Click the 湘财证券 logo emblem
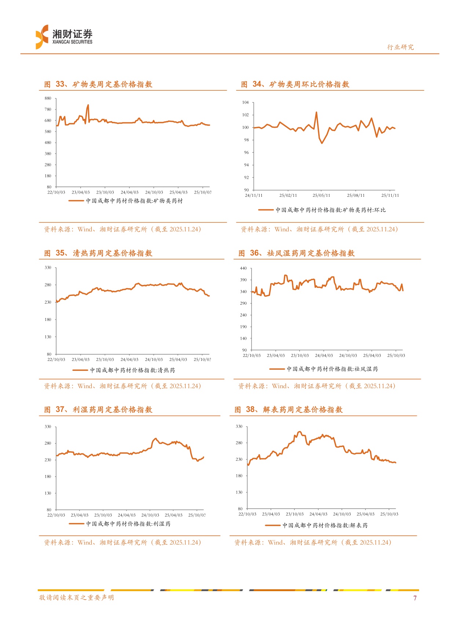click(x=42, y=37)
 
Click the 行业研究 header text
click(x=400, y=47)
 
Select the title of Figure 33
click(x=98, y=84)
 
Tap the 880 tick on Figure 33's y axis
click(x=48, y=98)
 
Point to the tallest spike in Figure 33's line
click(x=88, y=105)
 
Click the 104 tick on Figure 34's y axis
click(x=245, y=102)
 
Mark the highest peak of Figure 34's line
click(x=316, y=112)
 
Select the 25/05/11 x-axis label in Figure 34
click(x=321, y=195)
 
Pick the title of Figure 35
click(x=98, y=253)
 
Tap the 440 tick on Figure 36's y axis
click(x=243, y=268)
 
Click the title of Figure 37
click(x=98, y=410)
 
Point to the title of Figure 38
click(x=289, y=410)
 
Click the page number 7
click(x=415, y=598)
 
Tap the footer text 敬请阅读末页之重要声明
click(x=77, y=598)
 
